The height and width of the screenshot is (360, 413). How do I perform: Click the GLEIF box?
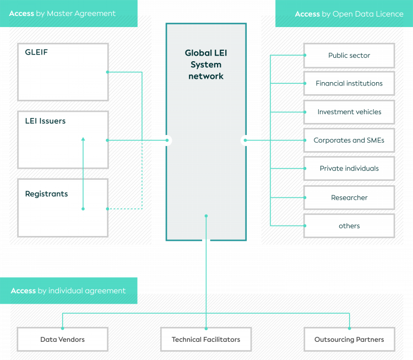tap(63, 72)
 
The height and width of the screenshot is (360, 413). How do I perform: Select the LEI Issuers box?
tap(63, 139)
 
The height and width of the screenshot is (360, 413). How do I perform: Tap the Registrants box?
tap(63, 207)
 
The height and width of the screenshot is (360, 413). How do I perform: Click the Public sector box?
tap(349, 56)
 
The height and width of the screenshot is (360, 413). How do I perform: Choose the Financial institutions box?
tap(349, 84)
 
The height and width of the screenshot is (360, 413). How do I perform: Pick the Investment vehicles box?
tap(349, 112)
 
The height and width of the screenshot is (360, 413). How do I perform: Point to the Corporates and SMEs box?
tap(349, 140)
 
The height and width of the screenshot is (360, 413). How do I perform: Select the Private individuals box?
tap(349, 169)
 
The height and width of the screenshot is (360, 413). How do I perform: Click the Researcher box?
tap(349, 197)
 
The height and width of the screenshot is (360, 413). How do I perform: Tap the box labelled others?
tap(349, 226)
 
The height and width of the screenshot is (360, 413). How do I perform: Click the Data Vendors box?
tap(63, 339)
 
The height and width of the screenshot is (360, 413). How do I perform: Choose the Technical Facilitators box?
tap(206, 339)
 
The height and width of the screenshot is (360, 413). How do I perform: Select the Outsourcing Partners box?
tap(349, 339)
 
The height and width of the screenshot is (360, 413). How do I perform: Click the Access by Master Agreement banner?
tap(68, 14)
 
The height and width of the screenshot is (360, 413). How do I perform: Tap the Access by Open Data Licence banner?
tap(344, 14)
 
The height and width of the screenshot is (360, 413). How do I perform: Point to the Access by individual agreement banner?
tap(68, 291)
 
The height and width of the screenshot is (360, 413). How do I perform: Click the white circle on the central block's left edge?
tap(166, 140)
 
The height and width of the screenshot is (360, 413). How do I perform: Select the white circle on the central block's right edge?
tap(246, 140)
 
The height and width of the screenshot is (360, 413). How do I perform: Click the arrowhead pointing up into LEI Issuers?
tap(83, 139)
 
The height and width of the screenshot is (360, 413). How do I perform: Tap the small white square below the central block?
tap(206, 241)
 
